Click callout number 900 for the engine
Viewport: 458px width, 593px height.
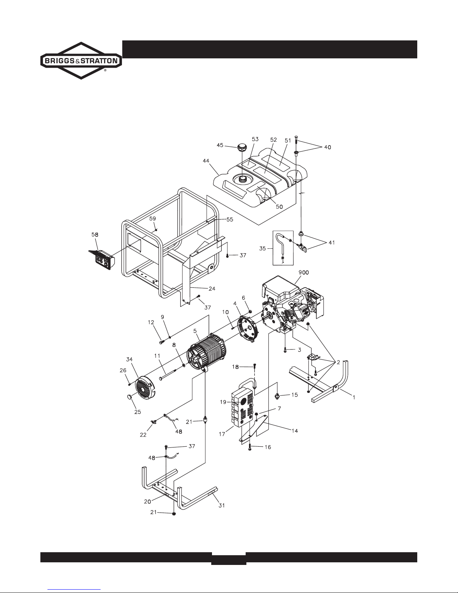303,273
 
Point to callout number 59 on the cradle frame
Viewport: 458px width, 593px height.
153,218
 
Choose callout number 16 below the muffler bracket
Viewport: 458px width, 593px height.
267,447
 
